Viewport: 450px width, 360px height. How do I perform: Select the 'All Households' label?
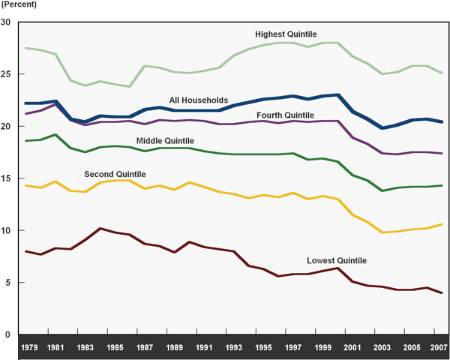198,100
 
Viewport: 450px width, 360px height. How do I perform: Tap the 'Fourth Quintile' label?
285,115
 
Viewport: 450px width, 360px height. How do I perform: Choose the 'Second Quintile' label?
114,174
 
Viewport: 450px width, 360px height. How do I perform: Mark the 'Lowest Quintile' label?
337,261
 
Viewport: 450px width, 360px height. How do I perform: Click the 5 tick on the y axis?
8,283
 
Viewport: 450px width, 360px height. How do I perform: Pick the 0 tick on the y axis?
8,334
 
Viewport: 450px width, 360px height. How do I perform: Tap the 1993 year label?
234,349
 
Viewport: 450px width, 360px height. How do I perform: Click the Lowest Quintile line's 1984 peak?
100,228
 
